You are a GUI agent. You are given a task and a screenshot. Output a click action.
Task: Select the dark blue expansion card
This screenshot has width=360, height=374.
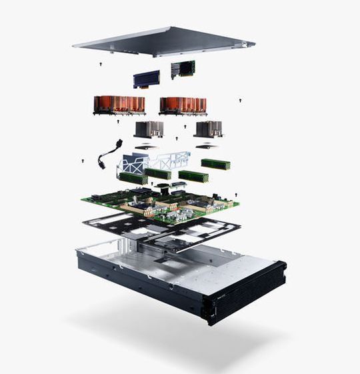click(147, 79)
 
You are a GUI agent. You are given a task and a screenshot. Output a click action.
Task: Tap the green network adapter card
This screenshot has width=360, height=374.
click(183, 69)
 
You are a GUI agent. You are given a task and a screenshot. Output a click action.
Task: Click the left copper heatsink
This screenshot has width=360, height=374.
click(119, 104)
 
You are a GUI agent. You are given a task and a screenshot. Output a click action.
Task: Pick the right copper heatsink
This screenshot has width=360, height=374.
click(183, 105)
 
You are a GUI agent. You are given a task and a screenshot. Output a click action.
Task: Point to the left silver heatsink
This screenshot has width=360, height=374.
click(149, 129)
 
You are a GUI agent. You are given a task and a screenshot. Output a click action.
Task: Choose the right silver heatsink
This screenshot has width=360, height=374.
click(208, 129)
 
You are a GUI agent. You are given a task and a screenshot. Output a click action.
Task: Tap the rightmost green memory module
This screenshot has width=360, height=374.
click(215, 163)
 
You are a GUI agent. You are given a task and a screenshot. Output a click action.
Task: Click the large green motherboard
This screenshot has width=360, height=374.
click(160, 203)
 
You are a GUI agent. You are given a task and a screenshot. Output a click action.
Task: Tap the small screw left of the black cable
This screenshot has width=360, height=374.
click(82, 161)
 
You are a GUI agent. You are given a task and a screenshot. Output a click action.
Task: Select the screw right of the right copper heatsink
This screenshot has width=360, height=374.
click(239, 101)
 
